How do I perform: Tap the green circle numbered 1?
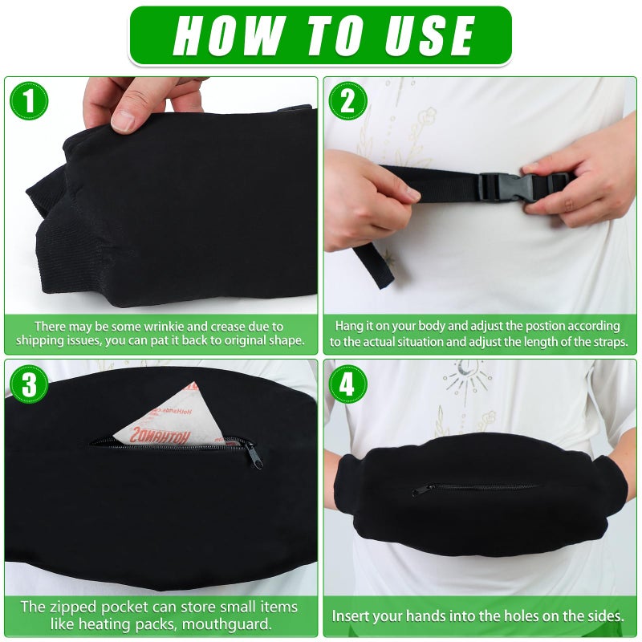[29, 101]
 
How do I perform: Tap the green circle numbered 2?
[347, 101]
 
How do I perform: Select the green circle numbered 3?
[29, 384]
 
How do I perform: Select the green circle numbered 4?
[347, 384]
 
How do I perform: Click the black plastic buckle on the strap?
[499, 186]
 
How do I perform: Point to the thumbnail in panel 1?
[123, 120]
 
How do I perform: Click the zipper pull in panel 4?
[418, 490]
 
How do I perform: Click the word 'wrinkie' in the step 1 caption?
[149, 327]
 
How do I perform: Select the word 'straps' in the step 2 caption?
[605, 341]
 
